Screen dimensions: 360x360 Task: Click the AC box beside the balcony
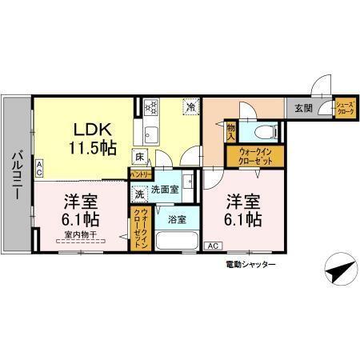(39, 166)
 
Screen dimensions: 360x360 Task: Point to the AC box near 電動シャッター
(214, 246)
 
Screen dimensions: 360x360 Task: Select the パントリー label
(142, 173)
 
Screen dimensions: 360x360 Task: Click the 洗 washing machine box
(139, 193)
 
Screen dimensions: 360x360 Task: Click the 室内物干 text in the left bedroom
(80, 234)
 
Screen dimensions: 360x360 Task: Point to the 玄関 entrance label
(302, 107)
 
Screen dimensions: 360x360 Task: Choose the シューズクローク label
(344, 108)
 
